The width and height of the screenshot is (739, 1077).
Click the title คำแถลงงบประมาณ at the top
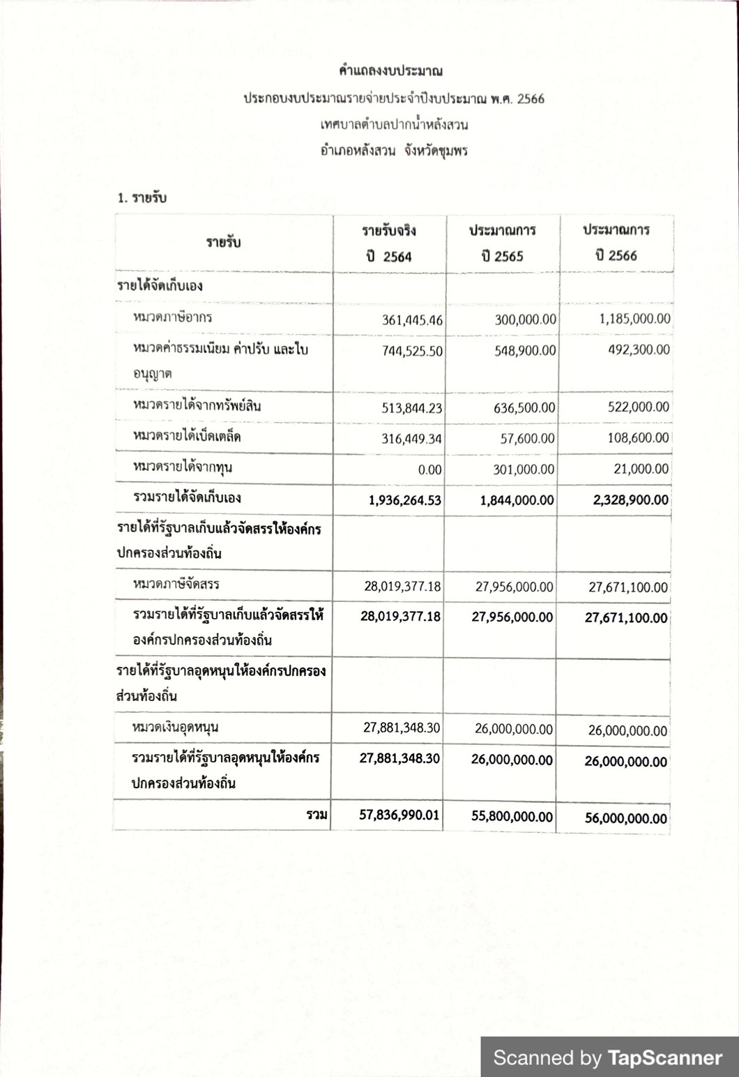[x=390, y=70]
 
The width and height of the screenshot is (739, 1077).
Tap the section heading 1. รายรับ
[x=142, y=197]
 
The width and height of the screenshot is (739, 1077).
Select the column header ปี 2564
[x=389, y=256]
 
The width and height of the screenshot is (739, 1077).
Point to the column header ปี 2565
[x=502, y=256]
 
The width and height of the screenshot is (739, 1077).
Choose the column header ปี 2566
[x=616, y=255]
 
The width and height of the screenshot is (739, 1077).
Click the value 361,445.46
[x=413, y=321]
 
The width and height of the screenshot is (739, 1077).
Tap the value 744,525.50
[x=412, y=351]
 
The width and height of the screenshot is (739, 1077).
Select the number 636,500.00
[x=524, y=407]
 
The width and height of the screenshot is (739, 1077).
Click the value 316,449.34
[x=412, y=439]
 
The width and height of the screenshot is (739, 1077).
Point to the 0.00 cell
[x=429, y=470]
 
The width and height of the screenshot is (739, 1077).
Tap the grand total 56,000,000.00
[x=625, y=818]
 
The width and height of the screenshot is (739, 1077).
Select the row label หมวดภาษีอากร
[x=172, y=317]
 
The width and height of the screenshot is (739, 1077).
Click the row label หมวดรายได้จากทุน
[x=182, y=467]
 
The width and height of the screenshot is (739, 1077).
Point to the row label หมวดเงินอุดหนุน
[x=175, y=728]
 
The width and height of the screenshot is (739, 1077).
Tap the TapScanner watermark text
[x=608, y=1057]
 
